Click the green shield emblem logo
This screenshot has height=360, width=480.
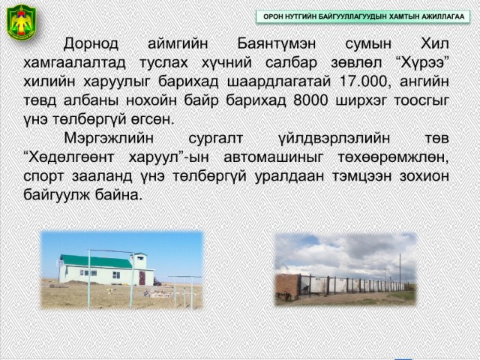point(22,22)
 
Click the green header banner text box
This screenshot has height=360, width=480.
point(363,16)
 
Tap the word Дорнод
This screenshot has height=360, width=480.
point(91,43)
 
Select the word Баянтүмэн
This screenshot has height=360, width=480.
point(277,43)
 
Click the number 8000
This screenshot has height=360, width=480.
point(310,100)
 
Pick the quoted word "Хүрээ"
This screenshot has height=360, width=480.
point(420,62)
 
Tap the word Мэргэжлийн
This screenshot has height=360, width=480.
point(109,138)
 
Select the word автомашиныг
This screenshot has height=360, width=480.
point(273,157)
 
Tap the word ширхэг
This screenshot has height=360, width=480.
point(361,100)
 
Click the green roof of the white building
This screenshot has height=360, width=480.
point(97,261)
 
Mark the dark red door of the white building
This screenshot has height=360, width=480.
point(142,278)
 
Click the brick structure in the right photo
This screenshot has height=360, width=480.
point(287,286)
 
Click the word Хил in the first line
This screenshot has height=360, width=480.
point(435,43)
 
